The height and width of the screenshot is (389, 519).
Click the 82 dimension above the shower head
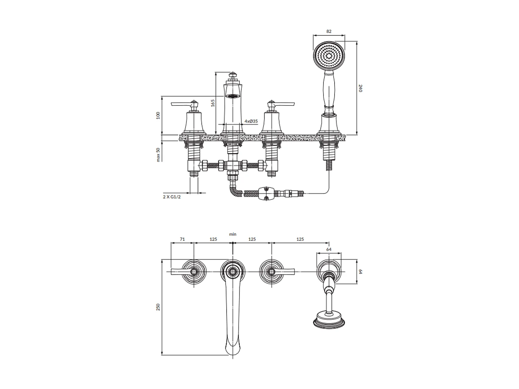pyautogui.click(x=329, y=31)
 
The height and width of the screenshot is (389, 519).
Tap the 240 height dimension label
pyautogui.click(x=360, y=88)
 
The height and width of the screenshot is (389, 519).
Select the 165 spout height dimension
pyautogui.click(x=213, y=103)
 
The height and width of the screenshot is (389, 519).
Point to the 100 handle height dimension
pyautogui.click(x=158, y=115)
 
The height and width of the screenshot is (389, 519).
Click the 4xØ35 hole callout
pyautogui.click(x=251, y=121)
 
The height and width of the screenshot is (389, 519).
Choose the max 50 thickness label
pyautogui.click(x=158, y=155)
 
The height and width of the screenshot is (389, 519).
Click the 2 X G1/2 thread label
pyautogui.click(x=172, y=196)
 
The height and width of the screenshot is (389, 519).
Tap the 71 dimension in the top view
pyautogui.click(x=182, y=239)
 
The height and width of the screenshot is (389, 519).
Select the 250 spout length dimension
pyautogui.click(x=158, y=307)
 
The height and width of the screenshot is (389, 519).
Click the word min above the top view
pyautogui.click(x=233, y=234)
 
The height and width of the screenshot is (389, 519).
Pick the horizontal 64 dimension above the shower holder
pyautogui.click(x=329, y=249)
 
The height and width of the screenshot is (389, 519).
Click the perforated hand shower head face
pyautogui.click(x=329, y=56)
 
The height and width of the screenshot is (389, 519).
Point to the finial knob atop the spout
pyautogui.click(x=233, y=75)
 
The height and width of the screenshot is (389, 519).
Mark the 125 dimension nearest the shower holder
pyautogui.click(x=300, y=239)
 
